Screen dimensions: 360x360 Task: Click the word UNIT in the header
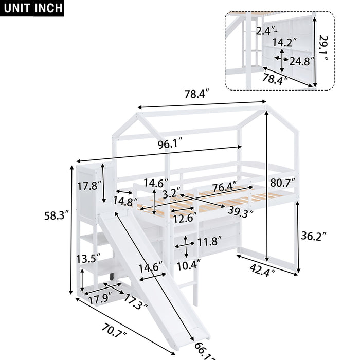[17, 8]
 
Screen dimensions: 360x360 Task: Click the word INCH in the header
[49, 8]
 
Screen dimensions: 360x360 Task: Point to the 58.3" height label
[54, 217]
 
